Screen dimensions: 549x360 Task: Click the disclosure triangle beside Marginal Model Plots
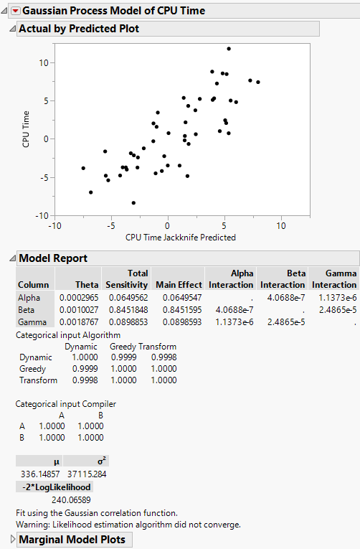point(12,539)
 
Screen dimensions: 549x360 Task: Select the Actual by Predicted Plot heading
point(78,29)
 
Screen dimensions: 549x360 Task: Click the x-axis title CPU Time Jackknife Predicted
point(180,237)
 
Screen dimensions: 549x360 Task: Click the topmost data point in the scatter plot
point(229,49)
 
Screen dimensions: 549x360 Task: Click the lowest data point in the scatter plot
point(133,202)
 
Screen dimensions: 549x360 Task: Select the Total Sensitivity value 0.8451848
point(128,308)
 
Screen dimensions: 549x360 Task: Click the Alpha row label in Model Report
point(29,297)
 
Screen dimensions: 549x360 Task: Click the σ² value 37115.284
point(90,473)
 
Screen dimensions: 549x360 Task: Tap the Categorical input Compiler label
point(65,404)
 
